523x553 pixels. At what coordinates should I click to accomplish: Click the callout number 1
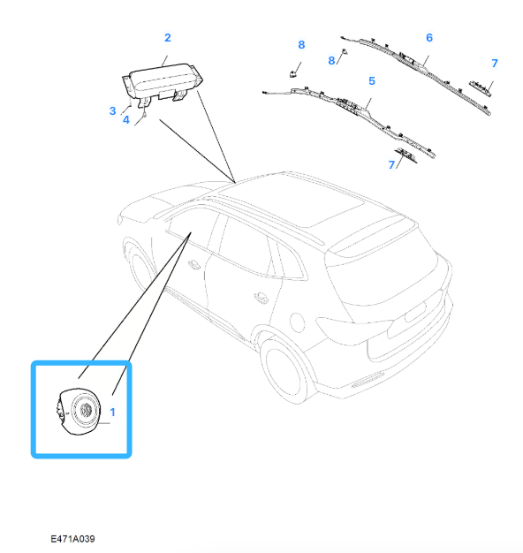click(x=112, y=412)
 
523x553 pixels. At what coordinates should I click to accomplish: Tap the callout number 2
click(x=168, y=38)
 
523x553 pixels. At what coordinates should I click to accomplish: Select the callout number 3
click(x=112, y=111)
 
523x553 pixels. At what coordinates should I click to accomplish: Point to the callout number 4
click(x=126, y=120)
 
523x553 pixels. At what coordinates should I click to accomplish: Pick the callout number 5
click(x=372, y=81)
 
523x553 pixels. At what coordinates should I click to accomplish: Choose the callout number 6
click(x=429, y=38)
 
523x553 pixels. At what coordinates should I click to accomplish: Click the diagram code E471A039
click(x=72, y=539)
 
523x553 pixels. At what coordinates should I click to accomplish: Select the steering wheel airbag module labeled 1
click(x=79, y=412)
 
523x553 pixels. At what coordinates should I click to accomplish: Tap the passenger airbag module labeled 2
click(x=163, y=84)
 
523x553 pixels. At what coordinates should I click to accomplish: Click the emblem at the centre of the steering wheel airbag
click(x=86, y=410)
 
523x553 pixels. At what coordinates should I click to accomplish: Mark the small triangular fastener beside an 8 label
click(x=344, y=51)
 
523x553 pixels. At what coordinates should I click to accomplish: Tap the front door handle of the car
click(x=193, y=264)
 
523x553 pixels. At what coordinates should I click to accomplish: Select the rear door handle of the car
click(x=261, y=298)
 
